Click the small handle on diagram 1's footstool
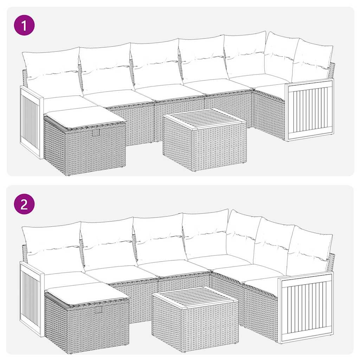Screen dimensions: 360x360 96,133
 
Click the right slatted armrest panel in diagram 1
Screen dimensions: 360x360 309,109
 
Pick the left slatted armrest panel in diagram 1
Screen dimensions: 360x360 31,121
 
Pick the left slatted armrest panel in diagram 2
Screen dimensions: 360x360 31,299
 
